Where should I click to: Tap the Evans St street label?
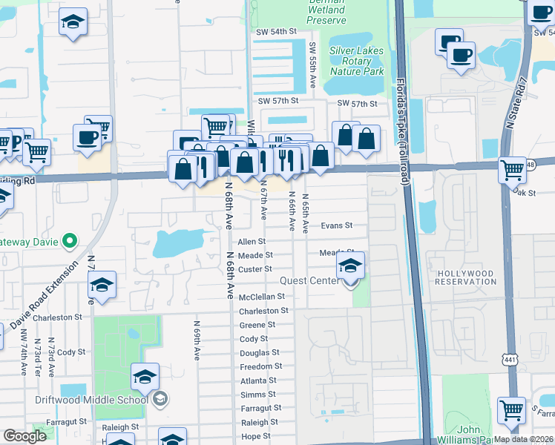(336, 225)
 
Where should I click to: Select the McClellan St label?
(263, 297)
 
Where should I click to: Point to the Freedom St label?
(260, 366)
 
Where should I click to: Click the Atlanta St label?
(258, 380)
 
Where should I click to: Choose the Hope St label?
(256, 436)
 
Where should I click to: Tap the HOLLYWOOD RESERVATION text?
(465, 277)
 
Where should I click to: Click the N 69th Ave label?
(197, 340)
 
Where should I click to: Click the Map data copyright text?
(522, 439)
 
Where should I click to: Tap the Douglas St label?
(260, 353)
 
